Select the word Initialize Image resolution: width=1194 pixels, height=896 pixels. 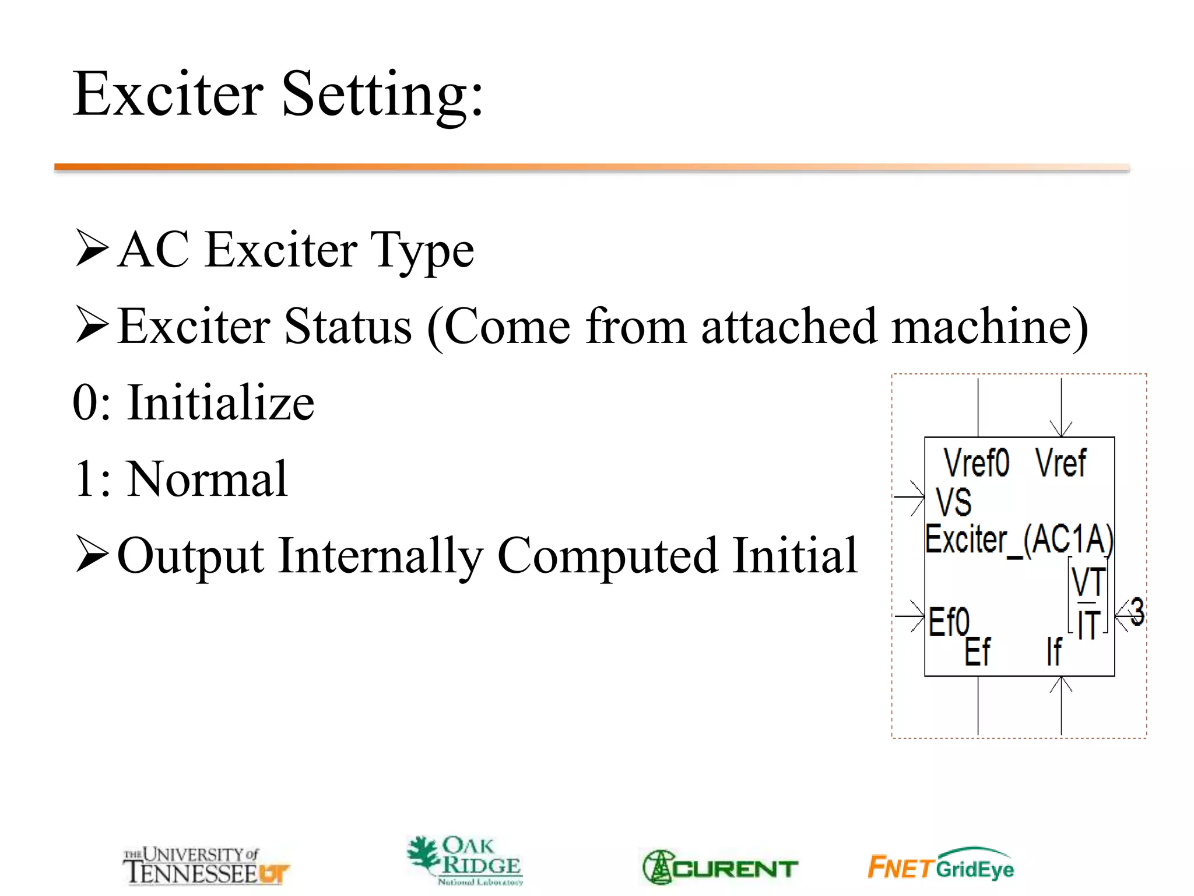click(220, 403)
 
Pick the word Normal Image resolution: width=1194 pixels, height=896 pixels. click(207, 480)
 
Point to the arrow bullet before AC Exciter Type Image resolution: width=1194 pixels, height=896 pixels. click(92, 248)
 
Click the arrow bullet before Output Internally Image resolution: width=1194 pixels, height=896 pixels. click(92, 554)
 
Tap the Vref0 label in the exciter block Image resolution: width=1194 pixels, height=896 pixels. click(976, 463)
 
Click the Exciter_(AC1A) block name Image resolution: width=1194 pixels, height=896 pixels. click(1019, 540)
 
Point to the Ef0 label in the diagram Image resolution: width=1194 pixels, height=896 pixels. click(949, 622)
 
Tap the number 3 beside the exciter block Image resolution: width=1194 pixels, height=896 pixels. click(1137, 612)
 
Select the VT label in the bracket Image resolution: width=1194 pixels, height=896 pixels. click(1088, 582)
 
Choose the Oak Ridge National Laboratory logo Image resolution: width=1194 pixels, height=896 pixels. click(465, 860)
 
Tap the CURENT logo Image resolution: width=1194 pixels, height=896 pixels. click(721, 867)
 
